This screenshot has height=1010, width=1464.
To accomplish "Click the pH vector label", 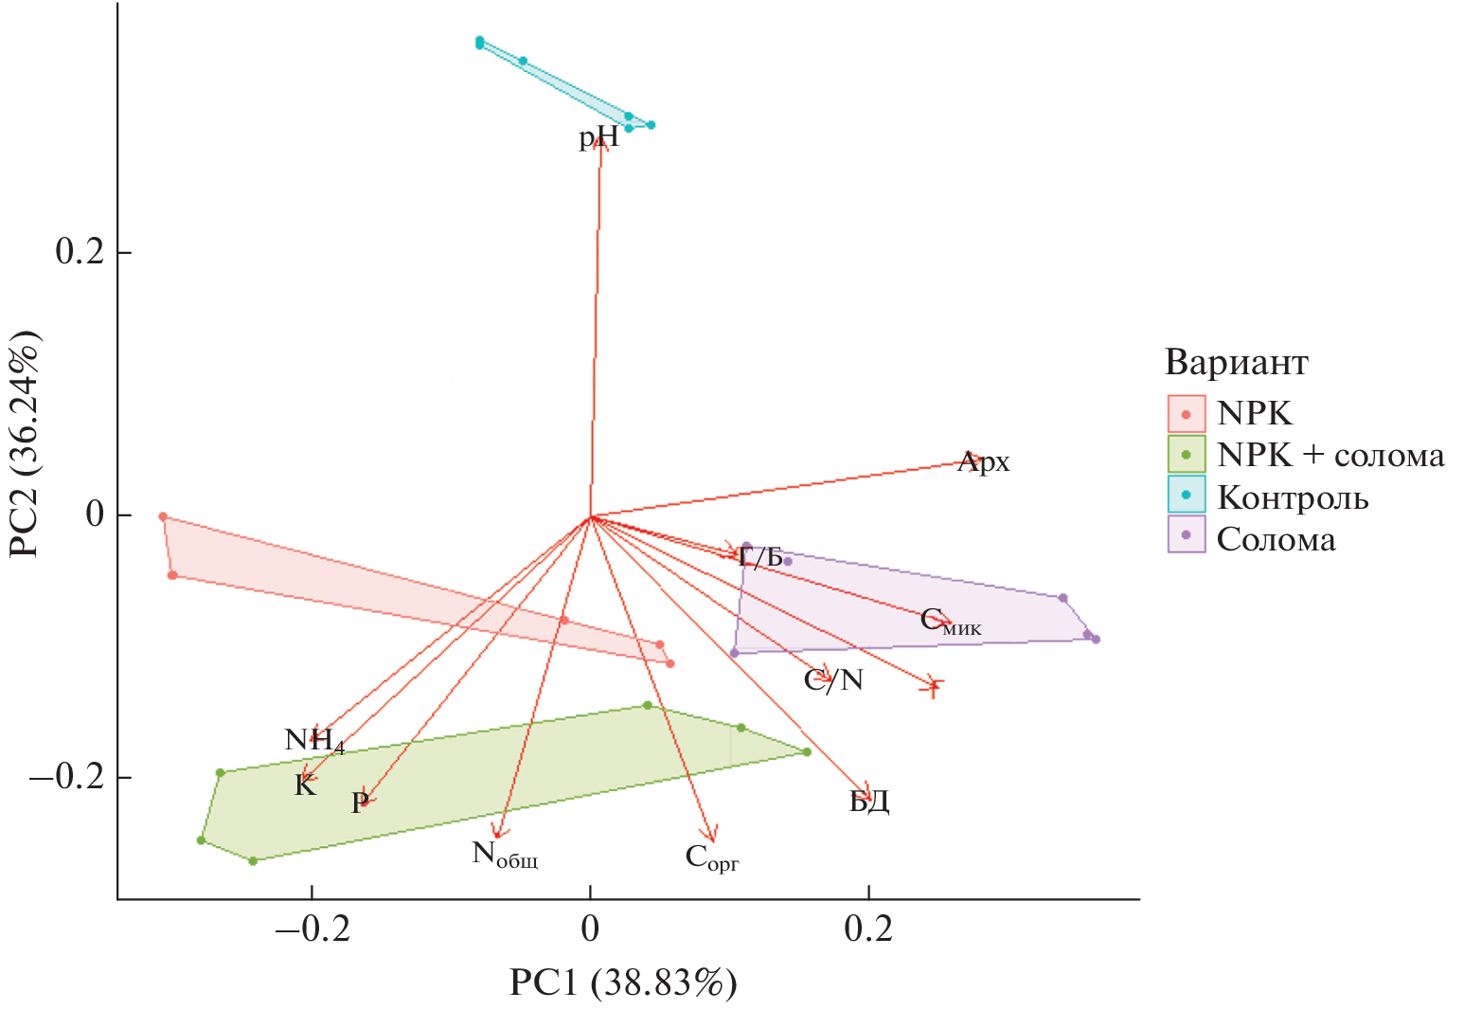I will (x=598, y=138).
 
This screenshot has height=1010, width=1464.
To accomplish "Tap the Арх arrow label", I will (x=984, y=462).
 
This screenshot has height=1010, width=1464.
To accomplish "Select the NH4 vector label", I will (x=313, y=740).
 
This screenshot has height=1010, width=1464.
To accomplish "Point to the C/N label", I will (x=833, y=680).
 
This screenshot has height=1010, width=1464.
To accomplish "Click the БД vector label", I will (x=868, y=803).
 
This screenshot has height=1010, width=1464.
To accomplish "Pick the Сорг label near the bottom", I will (x=711, y=858).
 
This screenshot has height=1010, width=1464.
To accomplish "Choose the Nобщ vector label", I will (x=505, y=856).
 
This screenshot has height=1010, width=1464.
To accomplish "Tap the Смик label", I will (x=950, y=622).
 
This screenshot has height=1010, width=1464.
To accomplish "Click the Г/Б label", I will (x=760, y=556).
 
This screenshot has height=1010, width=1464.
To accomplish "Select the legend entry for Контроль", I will (x=1293, y=497).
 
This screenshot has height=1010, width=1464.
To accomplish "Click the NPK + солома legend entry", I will (x=1330, y=455).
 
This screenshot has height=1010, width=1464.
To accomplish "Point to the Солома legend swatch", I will (x=1187, y=535).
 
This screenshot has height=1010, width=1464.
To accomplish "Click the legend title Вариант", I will (x=1236, y=363).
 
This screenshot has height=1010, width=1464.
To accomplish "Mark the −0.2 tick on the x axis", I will (x=312, y=929).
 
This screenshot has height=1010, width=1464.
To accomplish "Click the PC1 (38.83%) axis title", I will (x=622, y=983).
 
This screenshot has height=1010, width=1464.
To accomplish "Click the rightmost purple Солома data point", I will (x=1096, y=640).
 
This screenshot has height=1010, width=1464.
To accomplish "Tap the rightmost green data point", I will (x=807, y=752).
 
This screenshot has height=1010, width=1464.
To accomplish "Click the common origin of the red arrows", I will (x=591, y=517).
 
